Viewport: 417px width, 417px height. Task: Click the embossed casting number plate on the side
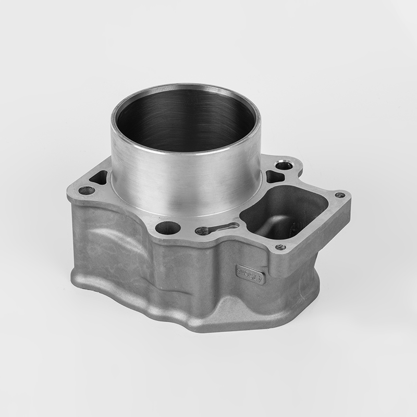click(250, 274)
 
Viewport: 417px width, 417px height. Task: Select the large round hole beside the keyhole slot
click(168, 227)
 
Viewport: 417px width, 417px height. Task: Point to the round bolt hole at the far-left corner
click(86, 190)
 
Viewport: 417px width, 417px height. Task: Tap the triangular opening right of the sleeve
click(274, 176)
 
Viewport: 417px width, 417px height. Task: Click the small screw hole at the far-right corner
click(340, 195)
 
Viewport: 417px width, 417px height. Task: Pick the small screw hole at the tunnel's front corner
click(280, 247)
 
